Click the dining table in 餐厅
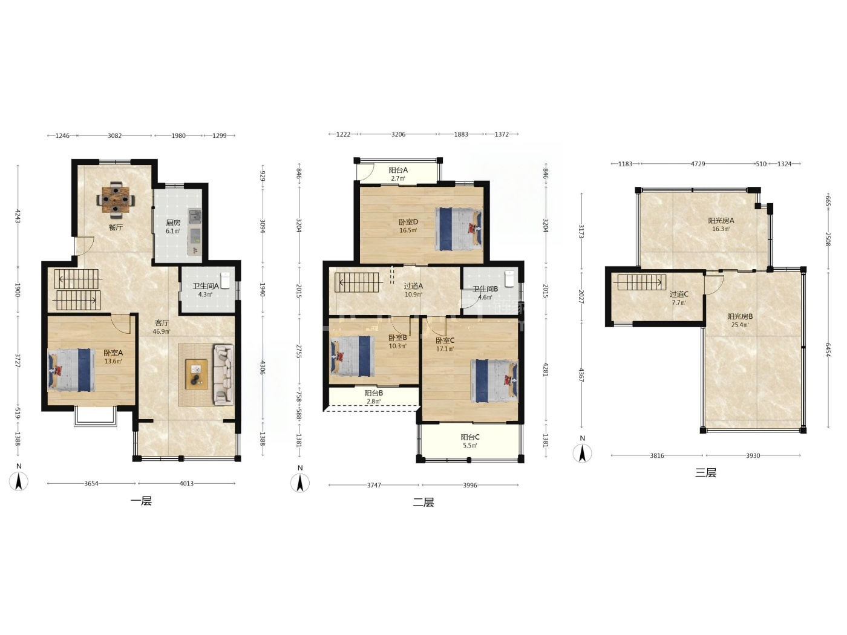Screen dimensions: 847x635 pyautogui.click(x=116, y=200)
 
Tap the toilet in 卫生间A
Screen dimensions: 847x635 pyautogui.click(x=225, y=280)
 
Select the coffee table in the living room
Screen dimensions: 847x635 pyautogui.click(x=197, y=374)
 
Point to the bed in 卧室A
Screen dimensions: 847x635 pyautogui.click(x=71, y=370)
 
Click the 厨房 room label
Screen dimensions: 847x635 pyautogui.click(x=173, y=223)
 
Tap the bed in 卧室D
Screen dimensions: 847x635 pyautogui.click(x=459, y=229)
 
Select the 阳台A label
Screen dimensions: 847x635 pyautogui.click(x=398, y=170)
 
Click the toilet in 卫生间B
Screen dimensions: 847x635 pyautogui.click(x=509, y=279)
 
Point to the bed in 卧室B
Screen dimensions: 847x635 pyautogui.click(x=352, y=356)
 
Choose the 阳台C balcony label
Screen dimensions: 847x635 pyautogui.click(x=469, y=437)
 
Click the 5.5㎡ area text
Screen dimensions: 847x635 pyautogui.click(x=469, y=446)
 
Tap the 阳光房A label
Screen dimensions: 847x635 pyautogui.click(x=721, y=221)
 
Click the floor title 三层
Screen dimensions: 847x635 pyautogui.click(x=705, y=473)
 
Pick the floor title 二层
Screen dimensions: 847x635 pyautogui.click(x=423, y=503)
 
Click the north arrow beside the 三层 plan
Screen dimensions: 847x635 pyautogui.click(x=582, y=453)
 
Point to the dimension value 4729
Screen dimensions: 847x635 pyautogui.click(x=698, y=164)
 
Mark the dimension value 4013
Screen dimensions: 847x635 pyautogui.click(x=186, y=483)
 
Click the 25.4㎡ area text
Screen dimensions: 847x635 pyautogui.click(x=740, y=325)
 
